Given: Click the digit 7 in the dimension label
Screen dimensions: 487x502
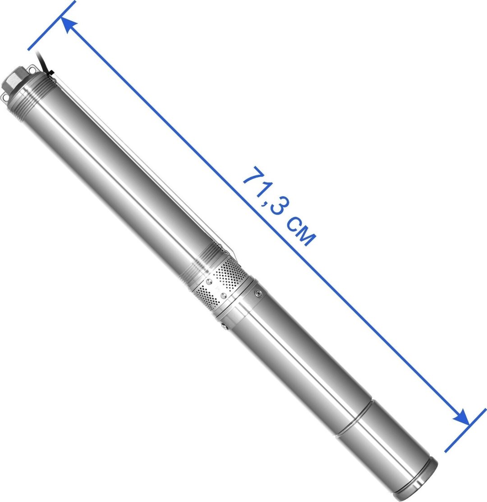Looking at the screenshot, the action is click(x=252, y=177).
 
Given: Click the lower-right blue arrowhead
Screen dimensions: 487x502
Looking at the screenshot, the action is click(x=462, y=417).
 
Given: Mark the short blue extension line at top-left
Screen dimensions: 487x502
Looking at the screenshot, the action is click(x=51, y=26).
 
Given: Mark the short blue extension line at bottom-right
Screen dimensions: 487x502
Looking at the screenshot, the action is click(x=466, y=430).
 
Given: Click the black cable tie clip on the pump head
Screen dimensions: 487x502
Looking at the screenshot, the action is click(x=50, y=74).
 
